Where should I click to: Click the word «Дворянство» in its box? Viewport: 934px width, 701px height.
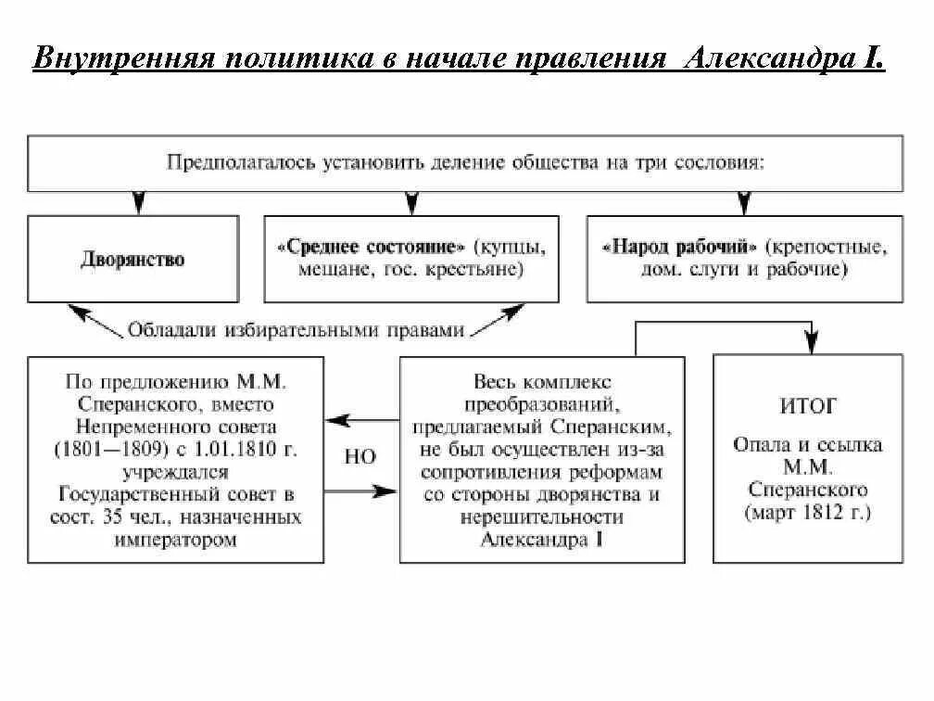coord(133,260)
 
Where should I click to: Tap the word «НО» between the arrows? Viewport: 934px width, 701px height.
coord(360,457)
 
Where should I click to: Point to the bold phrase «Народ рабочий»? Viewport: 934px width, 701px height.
coord(681,249)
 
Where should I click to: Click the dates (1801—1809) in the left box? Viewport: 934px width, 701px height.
coord(105,449)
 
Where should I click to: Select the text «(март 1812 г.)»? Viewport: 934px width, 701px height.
coord(809,512)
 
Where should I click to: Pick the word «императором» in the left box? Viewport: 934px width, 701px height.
coord(176,539)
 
